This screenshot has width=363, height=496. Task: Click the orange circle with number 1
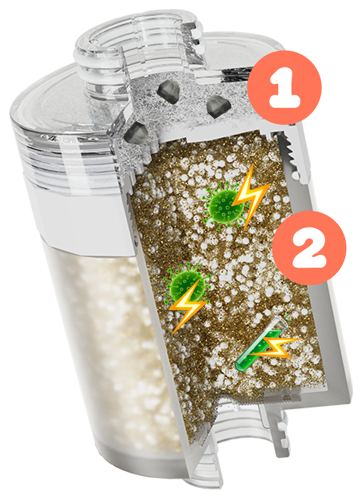click(x=284, y=88)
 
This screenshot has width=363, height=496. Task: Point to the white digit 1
click(x=285, y=88)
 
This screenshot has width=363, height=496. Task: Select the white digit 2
click(x=309, y=248)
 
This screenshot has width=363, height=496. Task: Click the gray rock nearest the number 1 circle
click(x=218, y=107)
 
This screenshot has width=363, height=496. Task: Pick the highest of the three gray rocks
click(x=168, y=92)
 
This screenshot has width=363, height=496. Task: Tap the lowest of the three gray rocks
click(x=136, y=133)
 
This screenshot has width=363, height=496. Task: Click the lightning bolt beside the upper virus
click(x=251, y=197)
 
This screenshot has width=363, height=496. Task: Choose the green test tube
click(x=261, y=343)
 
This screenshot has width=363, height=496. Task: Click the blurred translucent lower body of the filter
click(x=115, y=354)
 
